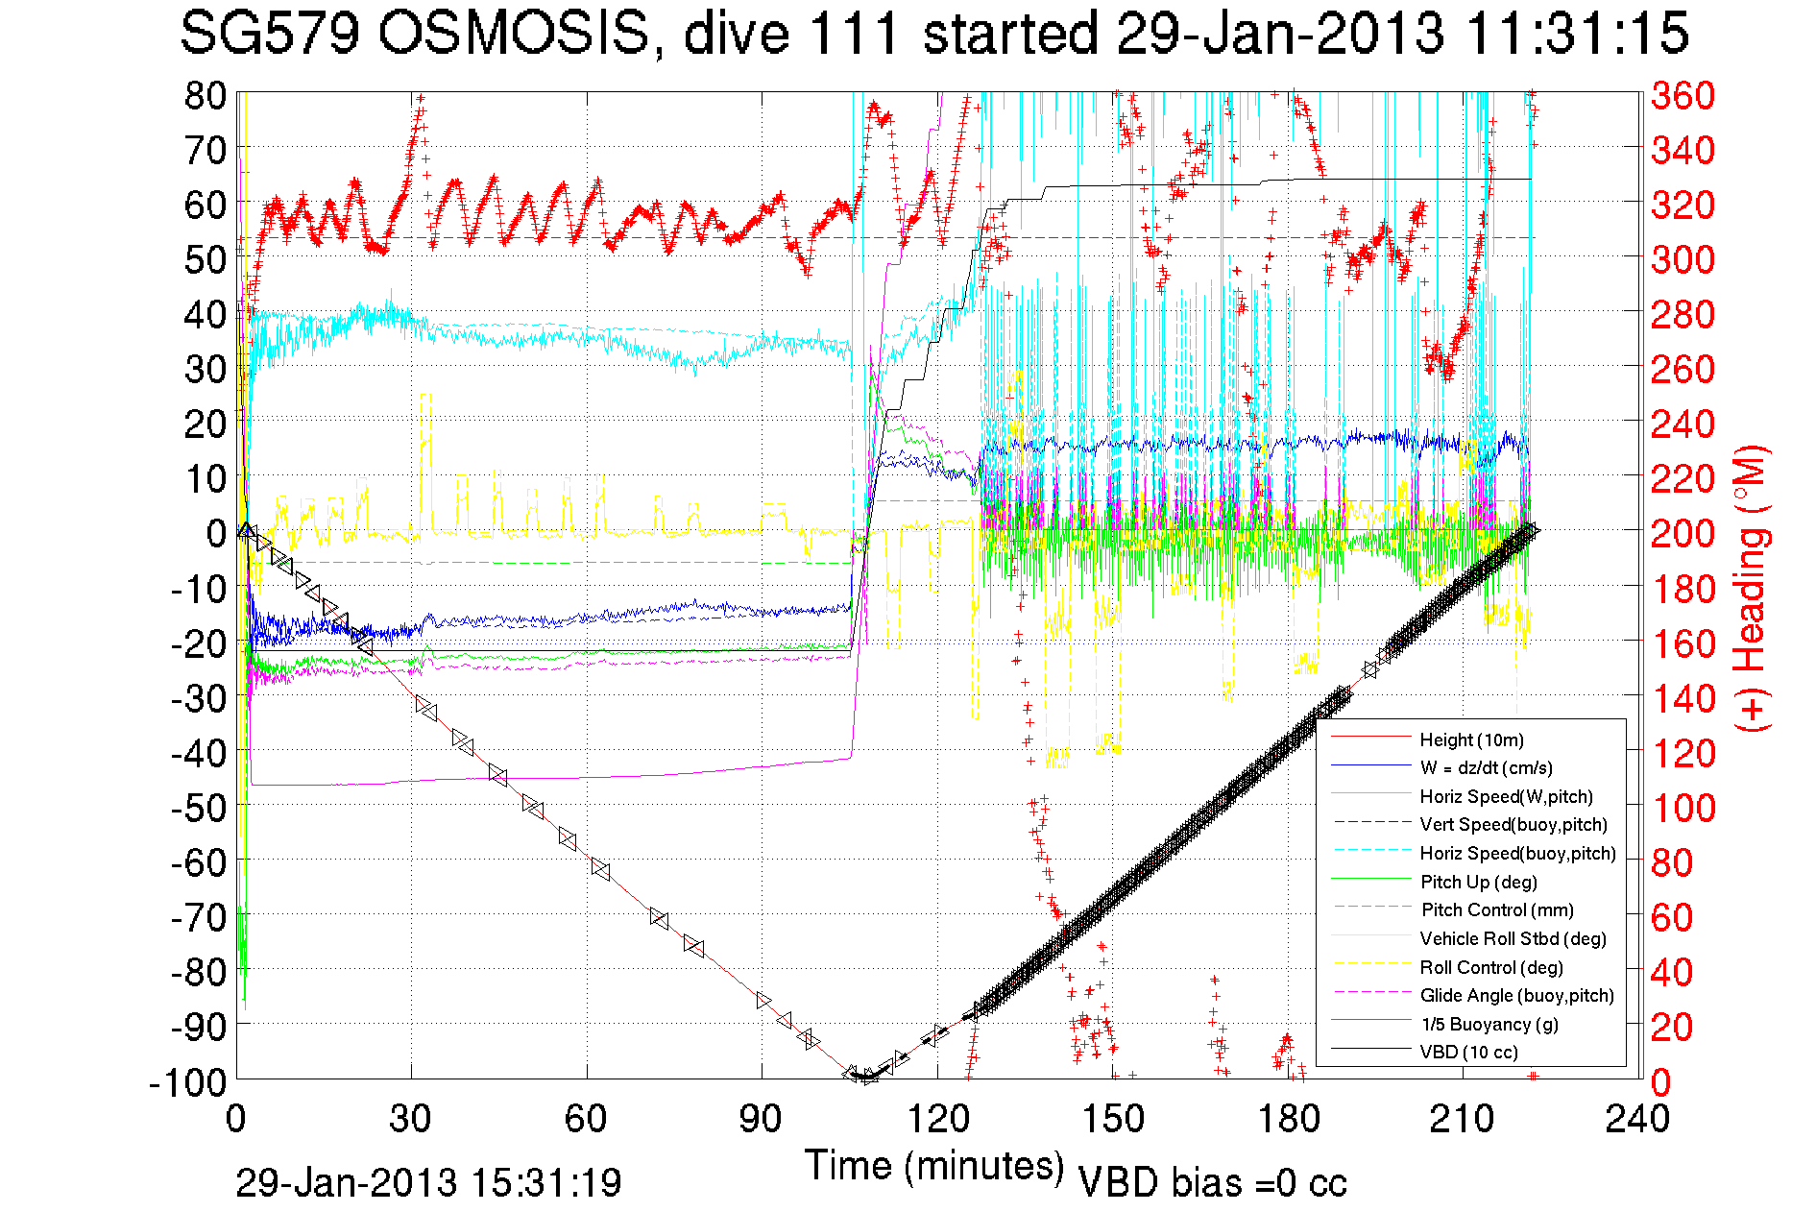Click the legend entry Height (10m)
[1471, 739]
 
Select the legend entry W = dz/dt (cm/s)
[1486, 767]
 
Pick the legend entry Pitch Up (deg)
[1478, 882]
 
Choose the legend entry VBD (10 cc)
[1468, 1052]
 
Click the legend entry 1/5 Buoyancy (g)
[1489, 1024]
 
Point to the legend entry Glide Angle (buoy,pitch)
[1516, 995]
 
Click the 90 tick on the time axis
[761, 1118]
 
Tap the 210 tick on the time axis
[1462, 1118]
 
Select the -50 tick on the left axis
[200, 807]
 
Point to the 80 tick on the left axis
[206, 95]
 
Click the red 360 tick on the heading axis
[1683, 95]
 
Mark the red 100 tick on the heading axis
[1683, 808]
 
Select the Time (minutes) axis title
[934, 1166]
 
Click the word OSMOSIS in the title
[514, 34]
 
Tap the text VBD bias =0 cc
[1212, 1182]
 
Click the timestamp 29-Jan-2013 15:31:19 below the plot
[428, 1182]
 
